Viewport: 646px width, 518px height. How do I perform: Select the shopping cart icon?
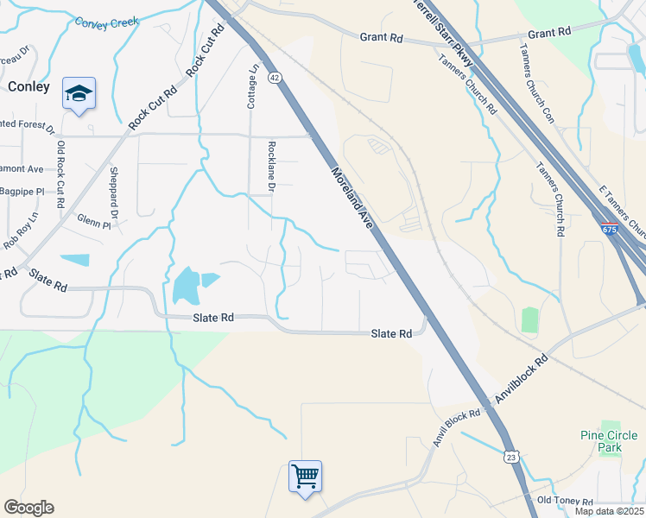(305, 476)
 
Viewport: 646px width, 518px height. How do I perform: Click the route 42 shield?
(275, 78)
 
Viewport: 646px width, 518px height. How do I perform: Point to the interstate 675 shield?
(610, 229)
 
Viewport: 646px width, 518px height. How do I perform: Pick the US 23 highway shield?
(511, 456)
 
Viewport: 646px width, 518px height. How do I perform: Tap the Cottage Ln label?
(252, 87)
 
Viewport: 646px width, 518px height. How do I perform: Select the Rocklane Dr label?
(271, 166)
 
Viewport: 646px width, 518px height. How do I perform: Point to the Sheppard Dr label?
(113, 193)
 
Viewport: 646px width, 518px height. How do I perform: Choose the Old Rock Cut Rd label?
(60, 174)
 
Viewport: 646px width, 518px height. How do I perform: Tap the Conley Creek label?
(106, 23)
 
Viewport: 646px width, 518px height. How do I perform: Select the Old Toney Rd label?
(566, 501)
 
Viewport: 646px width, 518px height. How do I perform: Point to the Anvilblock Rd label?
(520, 380)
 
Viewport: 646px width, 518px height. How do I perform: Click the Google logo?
(28, 508)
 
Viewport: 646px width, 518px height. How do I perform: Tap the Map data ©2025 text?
(609, 511)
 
